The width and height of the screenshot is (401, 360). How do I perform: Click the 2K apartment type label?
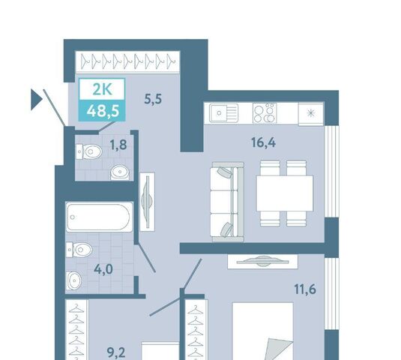(102, 89)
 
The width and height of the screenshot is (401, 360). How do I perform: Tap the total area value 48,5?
(103, 111)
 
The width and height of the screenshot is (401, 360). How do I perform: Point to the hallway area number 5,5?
(153, 99)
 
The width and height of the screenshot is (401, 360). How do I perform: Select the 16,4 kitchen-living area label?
(263, 142)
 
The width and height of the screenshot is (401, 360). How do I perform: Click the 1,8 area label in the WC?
(118, 145)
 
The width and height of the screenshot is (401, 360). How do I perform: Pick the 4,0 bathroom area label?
(103, 269)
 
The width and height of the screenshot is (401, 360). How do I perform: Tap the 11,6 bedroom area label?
(305, 289)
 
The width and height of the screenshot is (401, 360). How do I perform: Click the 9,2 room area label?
(116, 352)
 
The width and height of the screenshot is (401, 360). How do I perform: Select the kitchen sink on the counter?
(224, 112)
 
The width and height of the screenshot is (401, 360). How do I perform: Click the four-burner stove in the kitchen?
(265, 113)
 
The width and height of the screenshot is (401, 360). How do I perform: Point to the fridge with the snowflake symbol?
(311, 113)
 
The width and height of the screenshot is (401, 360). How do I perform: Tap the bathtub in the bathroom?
(99, 217)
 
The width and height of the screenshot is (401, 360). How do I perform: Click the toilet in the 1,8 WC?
(89, 151)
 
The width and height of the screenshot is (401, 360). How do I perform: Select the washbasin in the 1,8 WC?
(120, 172)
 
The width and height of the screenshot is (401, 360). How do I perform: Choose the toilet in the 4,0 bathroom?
(79, 250)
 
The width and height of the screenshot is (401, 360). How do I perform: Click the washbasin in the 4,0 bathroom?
(74, 280)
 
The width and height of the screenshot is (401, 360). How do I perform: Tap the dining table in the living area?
(285, 193)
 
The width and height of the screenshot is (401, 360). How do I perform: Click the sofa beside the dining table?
(228, 202)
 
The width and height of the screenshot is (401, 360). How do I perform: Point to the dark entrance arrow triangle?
(37, 100)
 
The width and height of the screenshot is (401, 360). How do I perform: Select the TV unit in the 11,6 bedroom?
(262, 262)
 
